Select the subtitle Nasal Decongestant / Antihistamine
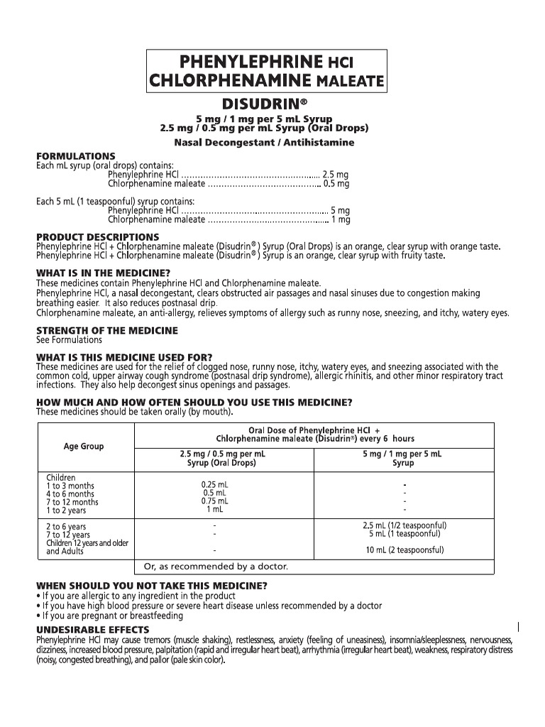point(264,142)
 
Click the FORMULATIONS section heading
point(76,156)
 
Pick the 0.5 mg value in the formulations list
point(336,184)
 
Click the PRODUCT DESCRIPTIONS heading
point(98,237)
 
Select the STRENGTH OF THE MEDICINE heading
point(107,331)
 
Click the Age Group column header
point(84,447)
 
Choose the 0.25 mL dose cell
point(214,486)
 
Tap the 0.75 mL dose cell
point(214,501)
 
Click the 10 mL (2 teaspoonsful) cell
point(404,550)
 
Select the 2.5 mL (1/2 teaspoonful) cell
point(404,526)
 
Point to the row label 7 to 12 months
point(72,502)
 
